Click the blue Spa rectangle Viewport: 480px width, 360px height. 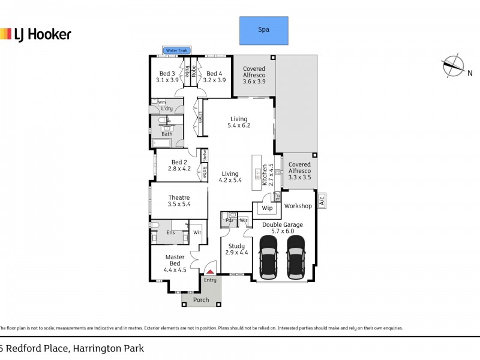click(263, 30)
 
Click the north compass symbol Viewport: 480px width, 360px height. click(452, 66)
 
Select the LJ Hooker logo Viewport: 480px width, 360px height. click(35, 34)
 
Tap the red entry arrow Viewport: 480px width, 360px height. click(210, 271)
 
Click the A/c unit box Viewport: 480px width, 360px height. click(322, 200)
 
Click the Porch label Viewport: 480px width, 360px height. click(201, 300)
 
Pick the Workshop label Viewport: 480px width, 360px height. click(298, 206)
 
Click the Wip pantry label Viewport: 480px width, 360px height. click(268, 208)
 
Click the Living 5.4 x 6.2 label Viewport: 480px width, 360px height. click(238, 122)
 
